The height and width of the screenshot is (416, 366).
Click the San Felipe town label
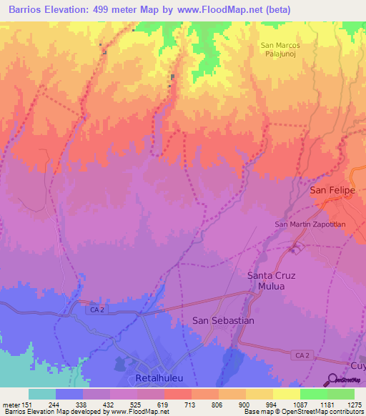click(332, 191)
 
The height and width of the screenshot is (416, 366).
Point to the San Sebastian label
click(223, 321)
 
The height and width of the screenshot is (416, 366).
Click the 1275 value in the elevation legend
click(355, 405)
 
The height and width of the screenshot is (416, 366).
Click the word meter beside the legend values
click(10, 405)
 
